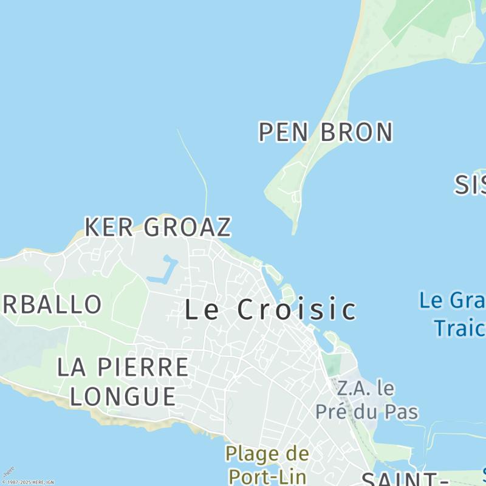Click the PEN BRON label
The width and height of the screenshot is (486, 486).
coord(326,132)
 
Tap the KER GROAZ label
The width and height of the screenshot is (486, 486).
coord(158,227)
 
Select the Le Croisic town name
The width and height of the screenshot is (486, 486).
coord(270,310)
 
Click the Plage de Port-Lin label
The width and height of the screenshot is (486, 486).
coord(267,464)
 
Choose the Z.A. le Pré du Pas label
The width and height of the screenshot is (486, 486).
coord(366,400)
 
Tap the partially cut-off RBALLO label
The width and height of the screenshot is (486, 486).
coord(51,304)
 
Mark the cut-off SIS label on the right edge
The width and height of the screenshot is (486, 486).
coord(470,185)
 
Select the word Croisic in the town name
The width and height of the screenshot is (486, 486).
coord(296,310)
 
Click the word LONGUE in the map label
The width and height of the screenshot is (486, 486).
coord(123,396)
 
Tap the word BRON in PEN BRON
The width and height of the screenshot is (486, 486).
coord(357,132)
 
